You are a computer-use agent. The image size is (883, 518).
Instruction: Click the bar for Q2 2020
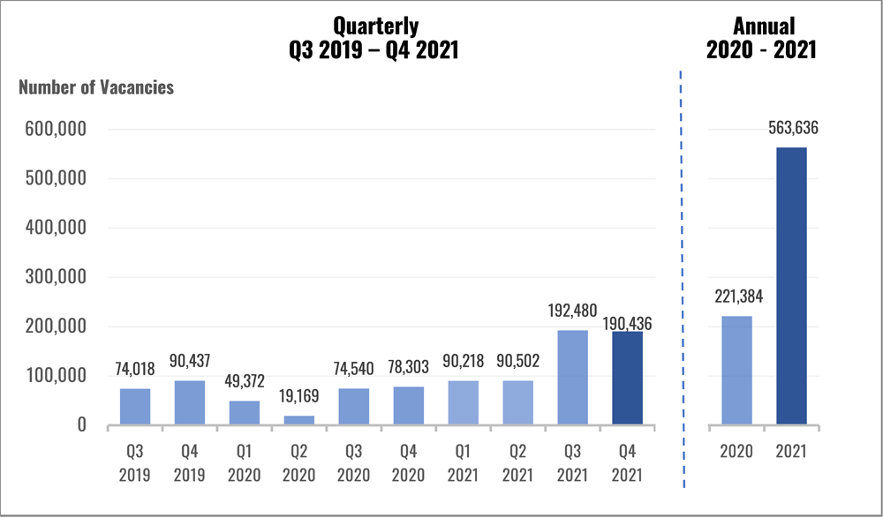[299, 420]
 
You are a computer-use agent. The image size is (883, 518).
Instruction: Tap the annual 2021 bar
[791, 286]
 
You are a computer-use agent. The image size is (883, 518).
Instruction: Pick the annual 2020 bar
[736, 371]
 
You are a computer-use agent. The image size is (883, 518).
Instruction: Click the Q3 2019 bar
[135, 407]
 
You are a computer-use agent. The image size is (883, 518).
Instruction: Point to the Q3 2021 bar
[573, 379]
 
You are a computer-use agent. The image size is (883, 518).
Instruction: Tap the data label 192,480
[572, 311]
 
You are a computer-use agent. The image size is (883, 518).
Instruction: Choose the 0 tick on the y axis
[81, 425]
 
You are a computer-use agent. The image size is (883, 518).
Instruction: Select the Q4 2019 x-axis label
[190, 462]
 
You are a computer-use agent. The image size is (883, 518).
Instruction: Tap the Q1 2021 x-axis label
[464, 462]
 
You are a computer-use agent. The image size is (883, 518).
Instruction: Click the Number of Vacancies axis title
[96, 87]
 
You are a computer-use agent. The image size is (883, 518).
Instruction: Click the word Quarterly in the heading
[374, 26]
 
